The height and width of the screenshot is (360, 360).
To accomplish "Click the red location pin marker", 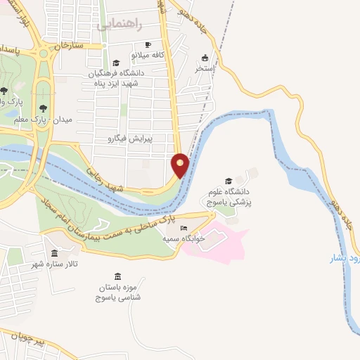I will (x=181, y=165).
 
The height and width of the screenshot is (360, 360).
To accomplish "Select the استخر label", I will (x=204, y=69).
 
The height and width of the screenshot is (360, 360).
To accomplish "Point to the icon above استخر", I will (x=205, y=58).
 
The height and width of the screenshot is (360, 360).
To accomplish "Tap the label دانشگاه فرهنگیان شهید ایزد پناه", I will (x=114, y=77).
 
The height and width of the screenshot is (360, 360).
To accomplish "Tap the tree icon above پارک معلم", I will (x=44, y=108).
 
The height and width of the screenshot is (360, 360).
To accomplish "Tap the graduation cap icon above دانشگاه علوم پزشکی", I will (x=228, y=181).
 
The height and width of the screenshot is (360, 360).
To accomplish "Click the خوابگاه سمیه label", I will (x=184, y=239).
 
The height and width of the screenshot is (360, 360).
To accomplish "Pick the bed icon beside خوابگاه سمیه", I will (x=184, y=229).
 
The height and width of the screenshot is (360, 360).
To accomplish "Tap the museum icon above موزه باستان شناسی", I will (x=117, y=276).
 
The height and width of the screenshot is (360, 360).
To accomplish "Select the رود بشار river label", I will (x=346, y=259).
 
